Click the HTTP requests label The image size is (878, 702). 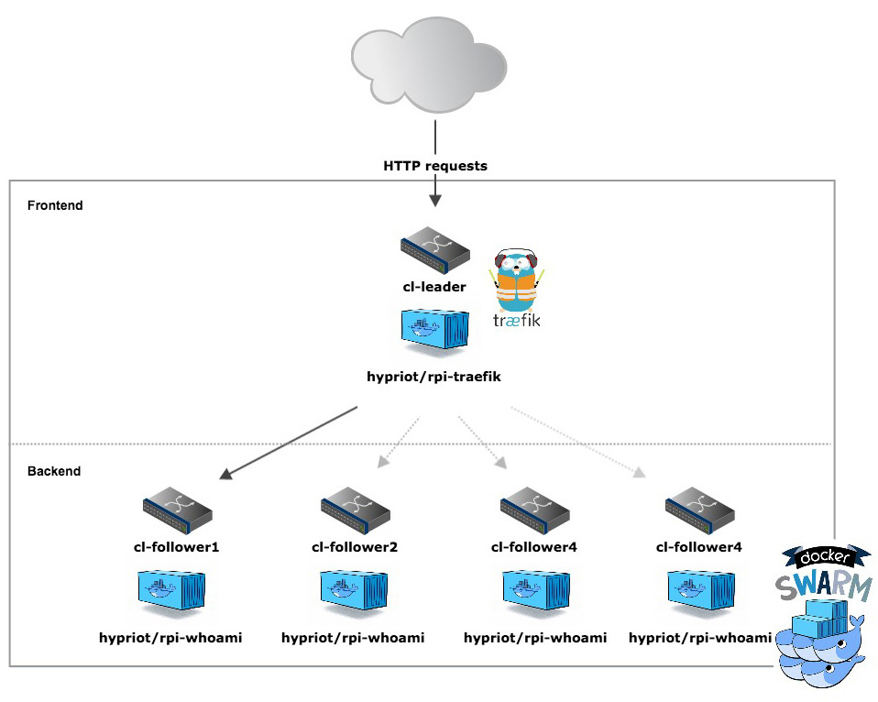coord(434,167)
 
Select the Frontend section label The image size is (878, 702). coord(56,206)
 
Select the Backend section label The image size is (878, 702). coord(54,471)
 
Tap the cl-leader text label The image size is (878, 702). coord(435,287)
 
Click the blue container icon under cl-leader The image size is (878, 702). coord(434,333)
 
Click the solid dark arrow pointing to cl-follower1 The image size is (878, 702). coord(289,441)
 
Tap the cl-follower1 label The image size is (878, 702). coord(177,548)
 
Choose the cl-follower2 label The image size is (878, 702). coord(354,548)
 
